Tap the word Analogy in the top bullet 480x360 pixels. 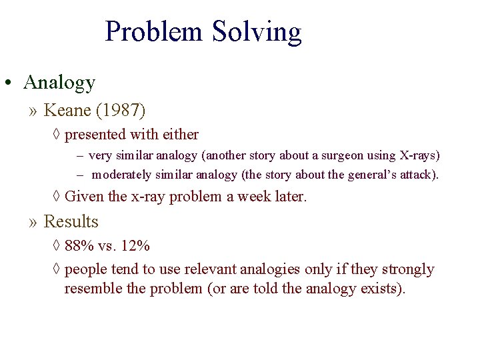point(59,83)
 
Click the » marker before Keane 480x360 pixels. point(34,109)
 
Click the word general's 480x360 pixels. point(371,175)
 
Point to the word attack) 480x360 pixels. point(419,175)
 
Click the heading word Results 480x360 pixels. point(71,221)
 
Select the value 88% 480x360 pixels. point(80,246)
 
